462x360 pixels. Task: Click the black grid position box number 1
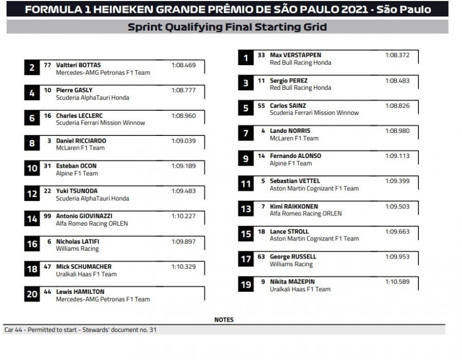(x=246, y=58)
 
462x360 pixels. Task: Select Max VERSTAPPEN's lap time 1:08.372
(x=397, y=55)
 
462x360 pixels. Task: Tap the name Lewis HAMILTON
(x=80, y=292)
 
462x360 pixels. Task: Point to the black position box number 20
(x=32, y=294)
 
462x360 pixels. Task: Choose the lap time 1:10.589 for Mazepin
(x=397, y=282)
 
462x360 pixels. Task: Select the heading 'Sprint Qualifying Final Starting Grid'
(x=227, y=27)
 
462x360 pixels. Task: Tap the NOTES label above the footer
(x=224, y=319)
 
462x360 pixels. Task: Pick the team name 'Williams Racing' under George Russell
(x=291, y=264)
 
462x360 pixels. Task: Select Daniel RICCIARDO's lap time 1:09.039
(x=183, y=141)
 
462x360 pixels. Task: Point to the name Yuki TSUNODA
(x=76, y=191)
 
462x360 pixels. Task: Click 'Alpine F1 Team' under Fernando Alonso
(x=291, y=164)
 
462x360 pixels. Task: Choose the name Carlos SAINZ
(x=288, y=106)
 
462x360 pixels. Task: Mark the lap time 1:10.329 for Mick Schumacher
(x=183, y=266)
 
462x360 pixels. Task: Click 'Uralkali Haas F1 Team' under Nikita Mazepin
(x=300, y=289)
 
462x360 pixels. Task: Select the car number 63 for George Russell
(x=261, y=256)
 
